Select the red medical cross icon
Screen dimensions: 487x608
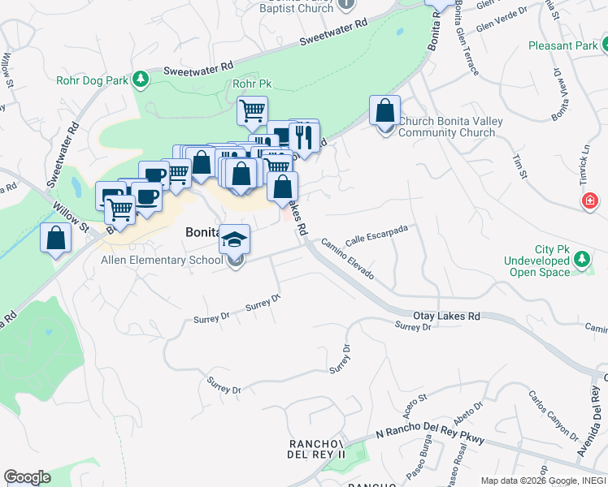coord(589,200)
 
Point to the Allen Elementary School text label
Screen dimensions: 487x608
coord(161,261)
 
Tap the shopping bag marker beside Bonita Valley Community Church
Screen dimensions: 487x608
coord(385,110)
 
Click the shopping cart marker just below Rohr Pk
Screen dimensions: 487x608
coord(253,110)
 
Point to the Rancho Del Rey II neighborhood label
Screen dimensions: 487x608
coord(319,450)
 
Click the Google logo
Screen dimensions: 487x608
coord(27,477)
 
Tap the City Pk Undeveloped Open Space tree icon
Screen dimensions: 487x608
coord(581,260)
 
